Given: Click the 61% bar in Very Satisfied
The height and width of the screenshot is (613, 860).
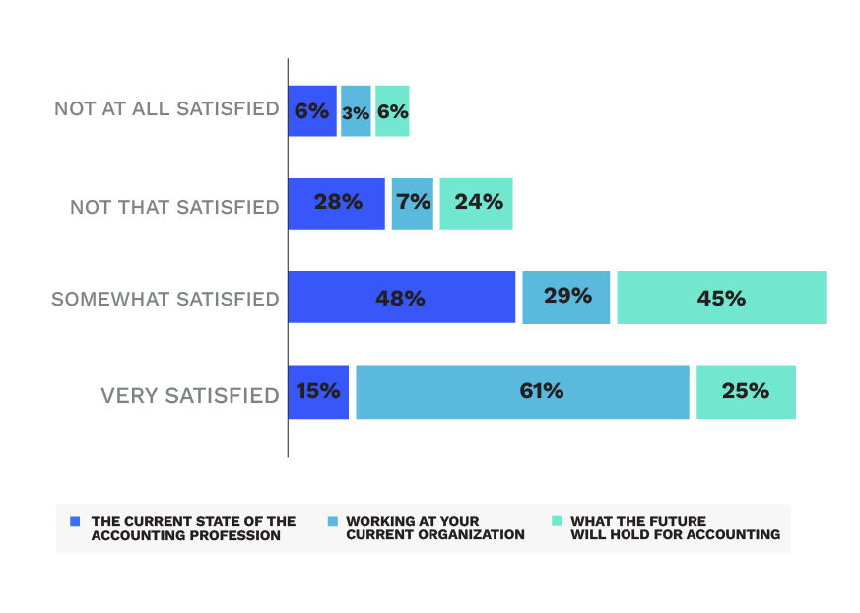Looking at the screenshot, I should [522, 391].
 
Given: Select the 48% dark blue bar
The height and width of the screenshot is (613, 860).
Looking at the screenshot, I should [401, 297].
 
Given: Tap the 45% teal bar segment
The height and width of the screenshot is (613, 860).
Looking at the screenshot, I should [721, 297].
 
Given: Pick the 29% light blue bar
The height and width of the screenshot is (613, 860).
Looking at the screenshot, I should [565, 297].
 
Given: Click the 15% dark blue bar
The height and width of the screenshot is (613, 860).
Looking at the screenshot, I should [318, 391].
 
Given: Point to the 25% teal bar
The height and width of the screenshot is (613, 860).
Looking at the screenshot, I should [746, 391].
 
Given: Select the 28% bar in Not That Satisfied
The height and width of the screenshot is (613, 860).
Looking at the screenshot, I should [336, 203].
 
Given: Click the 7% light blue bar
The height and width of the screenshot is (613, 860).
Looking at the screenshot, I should [412, 203].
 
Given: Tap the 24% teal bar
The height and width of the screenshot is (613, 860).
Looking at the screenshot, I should [476, 203].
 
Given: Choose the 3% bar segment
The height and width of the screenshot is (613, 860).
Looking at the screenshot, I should [356, 110].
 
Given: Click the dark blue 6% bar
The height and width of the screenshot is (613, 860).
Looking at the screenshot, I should [312, 110].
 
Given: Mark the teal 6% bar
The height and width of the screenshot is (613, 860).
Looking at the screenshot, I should [392, 110].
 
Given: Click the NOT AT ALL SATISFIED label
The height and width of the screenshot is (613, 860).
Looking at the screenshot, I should [166, 108].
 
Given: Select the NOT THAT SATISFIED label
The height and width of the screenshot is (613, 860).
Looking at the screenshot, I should [174, 208].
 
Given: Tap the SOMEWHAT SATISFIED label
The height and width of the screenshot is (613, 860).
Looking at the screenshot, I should [165, 299].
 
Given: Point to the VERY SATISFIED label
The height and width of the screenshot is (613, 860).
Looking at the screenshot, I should [190, 396].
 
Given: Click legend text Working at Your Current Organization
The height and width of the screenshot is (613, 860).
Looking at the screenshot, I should [434, 528].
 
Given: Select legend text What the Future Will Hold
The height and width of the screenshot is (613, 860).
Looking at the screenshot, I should [675, 528].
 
